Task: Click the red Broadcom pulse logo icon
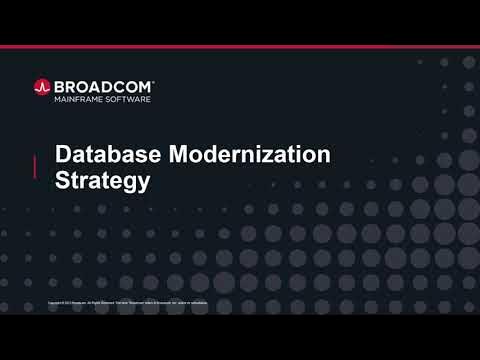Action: pyautogui.click(x=42, y=87)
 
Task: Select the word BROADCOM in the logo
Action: pyautogui.click(x=102, y=86)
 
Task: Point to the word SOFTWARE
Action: pyautogui.click(x=129, y=99)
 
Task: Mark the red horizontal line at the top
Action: pyautogui.click(x=240, y=47)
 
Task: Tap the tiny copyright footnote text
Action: pyautogui.click(x=128, y=301)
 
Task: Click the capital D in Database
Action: pyautogui.click(x=62, y=155)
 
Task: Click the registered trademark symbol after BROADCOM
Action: pyautogui.click(x=153, y=82)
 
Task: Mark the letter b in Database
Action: pyautogui.click(x=108, y=155)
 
